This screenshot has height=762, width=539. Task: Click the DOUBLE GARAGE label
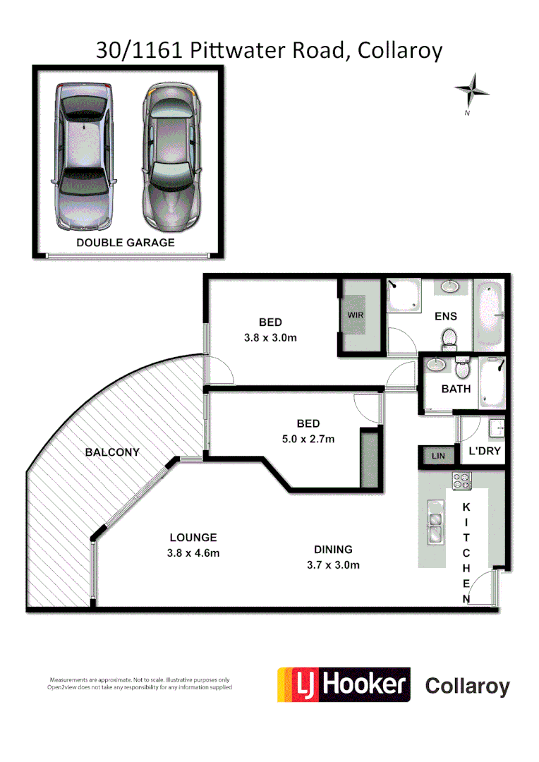pyautogui.click(x=126, y=242)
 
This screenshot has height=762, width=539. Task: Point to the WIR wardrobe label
pyautogui.click(x=356, y=315)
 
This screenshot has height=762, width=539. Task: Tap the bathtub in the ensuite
pyautogui.click(x=489, y=315)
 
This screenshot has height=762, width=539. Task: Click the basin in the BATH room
pyautogui.click(x=437, y=365)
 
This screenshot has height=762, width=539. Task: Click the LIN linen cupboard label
pyautogui.click(x=438, y=456)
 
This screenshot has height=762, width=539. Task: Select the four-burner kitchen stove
pyautogui.click(x=461, y=481)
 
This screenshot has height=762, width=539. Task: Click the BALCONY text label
pyautogui.click(x=112, y=452)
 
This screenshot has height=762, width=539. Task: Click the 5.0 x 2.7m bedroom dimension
pyautogui.click(x=308, y=439)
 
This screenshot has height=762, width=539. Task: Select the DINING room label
pyautogui.click(x=333, y=550)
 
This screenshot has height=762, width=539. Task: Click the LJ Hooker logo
pyautogui.click(x=344, y=685)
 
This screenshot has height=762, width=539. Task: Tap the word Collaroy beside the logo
pyautogui.click(x=467, y=686)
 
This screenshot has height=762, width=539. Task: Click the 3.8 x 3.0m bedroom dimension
pyautogui.click(x=269, y=337)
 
